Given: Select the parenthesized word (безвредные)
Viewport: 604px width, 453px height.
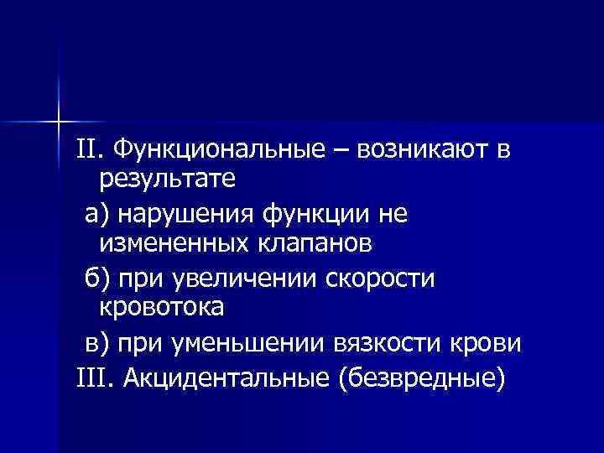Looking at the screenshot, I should point(421,379).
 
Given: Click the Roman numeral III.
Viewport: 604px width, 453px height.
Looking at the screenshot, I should point(92,379).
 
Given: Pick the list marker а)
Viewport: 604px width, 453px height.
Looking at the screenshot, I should point(98,215).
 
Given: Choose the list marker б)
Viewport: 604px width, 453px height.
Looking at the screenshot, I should point(99,279).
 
